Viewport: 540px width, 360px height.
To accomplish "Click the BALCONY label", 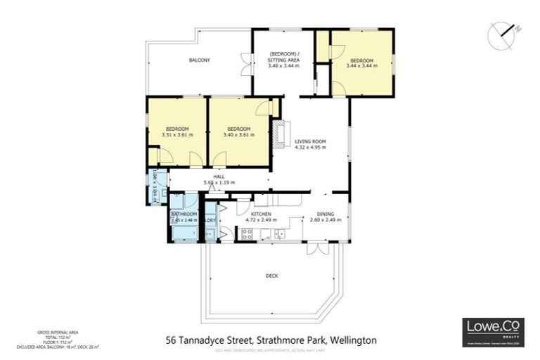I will [199, 60].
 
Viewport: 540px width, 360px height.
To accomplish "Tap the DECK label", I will [271, 276].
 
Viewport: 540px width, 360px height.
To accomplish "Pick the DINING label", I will [325, 214].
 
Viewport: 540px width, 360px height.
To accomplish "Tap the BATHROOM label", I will [184, 214].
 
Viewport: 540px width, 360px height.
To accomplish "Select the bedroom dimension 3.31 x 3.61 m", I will [176, 135].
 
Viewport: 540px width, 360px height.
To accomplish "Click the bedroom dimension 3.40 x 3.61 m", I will [238, 135].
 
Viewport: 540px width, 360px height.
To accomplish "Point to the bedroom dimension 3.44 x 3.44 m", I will [364, 65].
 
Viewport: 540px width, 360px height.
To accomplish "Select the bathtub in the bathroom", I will [184, 233].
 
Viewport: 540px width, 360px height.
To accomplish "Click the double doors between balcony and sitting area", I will [245, 65].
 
